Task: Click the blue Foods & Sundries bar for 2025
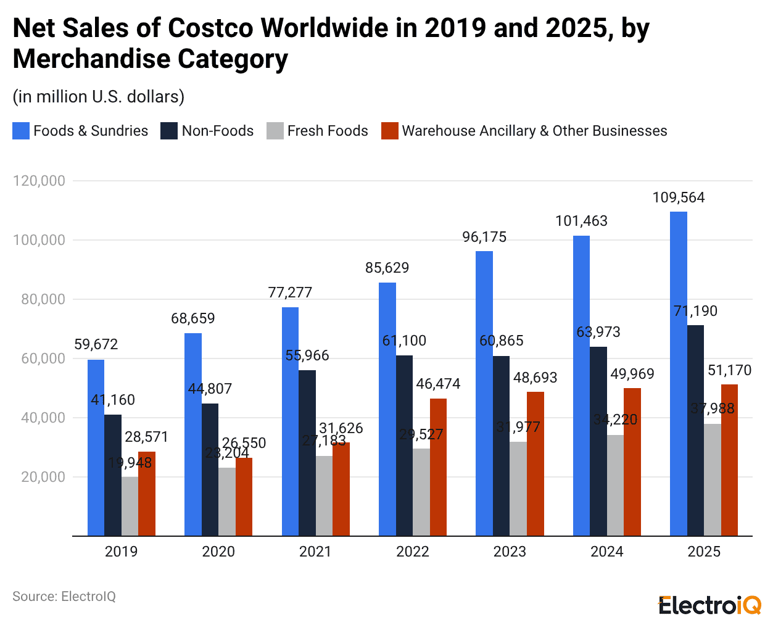click(x=678, y=373)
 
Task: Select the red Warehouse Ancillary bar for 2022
click(x=438, y=467)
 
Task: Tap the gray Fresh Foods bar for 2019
click(x=130, y=506)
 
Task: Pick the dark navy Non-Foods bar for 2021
click(x=307, y=453)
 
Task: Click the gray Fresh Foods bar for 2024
click(x=615, y=485)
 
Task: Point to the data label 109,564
click(x=678, y=197)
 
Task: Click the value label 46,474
click(x=438, y=384)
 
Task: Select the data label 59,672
click(x=96, y=344)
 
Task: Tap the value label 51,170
click(x=729, y=370)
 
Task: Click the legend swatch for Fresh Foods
click(x=275, y=131)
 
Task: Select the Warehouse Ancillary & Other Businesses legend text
click(x=534, y=131)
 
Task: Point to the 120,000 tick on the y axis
click(x=39, y=181)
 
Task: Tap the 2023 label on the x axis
click(x=509, y=552)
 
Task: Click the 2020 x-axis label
click(x=218, y=552)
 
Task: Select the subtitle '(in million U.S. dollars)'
click(x=99, y=97)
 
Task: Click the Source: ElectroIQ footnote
click(x=64, y=597)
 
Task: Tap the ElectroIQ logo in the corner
click(x=709, y=605)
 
